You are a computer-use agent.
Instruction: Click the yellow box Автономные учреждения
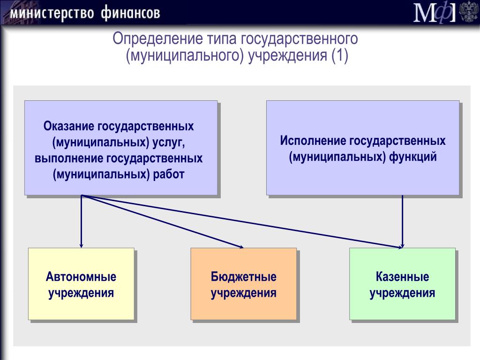(81, 284)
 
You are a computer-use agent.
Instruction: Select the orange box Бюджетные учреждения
(244, 284)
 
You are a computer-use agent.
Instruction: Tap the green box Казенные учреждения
(402, 284)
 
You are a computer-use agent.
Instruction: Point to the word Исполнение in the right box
(313, 141)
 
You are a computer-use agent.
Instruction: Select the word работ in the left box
(169, 174)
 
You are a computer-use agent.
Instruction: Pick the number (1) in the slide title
(339, 56)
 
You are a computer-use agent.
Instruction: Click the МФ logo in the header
(435, 12)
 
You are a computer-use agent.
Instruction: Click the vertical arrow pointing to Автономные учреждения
(81, 221)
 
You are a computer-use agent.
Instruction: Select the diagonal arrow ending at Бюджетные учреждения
(163, 221)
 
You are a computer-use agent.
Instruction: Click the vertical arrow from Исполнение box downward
(402, 221)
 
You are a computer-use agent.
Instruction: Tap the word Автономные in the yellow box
(81, 277)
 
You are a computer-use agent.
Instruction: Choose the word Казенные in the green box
(402, 277)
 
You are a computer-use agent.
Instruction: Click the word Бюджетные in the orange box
(244, 277)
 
